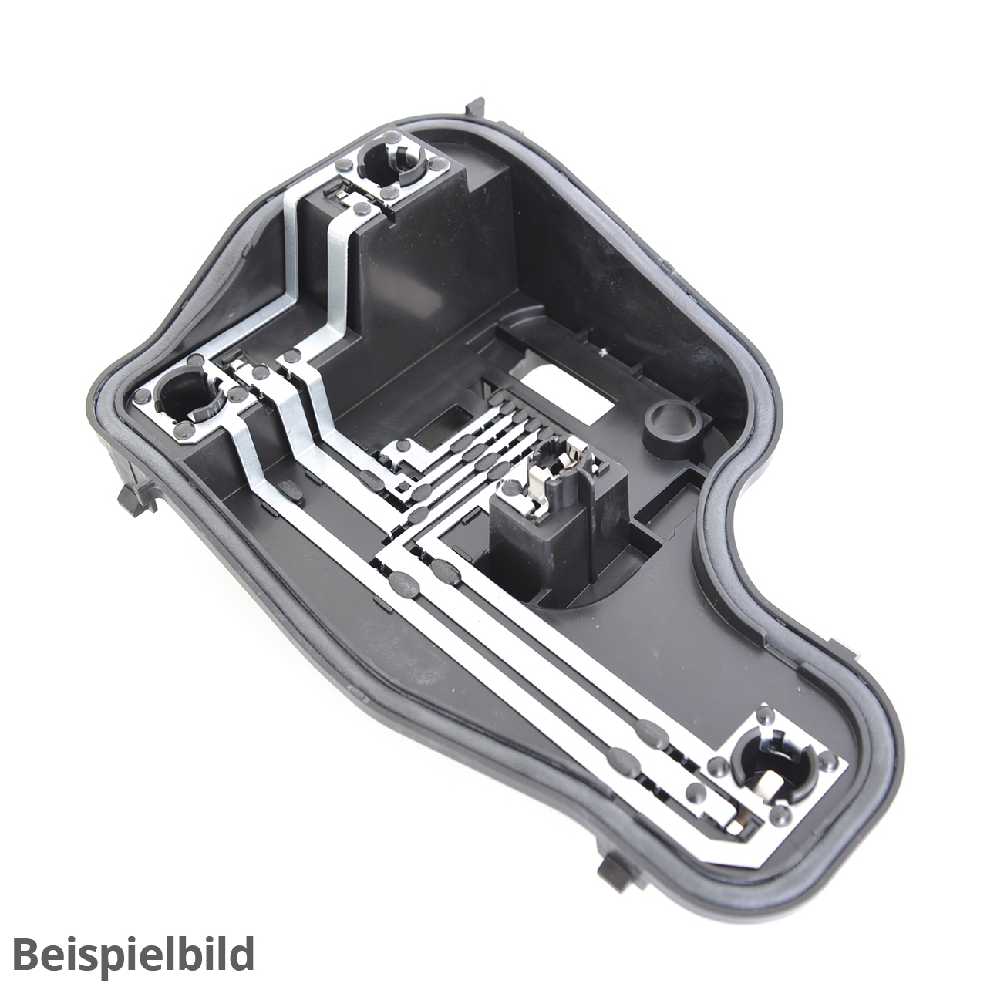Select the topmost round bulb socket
point(391,164)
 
